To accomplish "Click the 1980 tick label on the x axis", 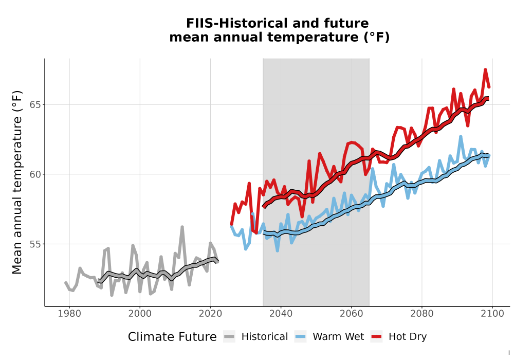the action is click(69, 313).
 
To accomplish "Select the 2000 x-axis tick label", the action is click(140, 313).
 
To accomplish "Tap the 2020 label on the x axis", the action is click(210, 313).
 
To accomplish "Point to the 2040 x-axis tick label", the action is click(281, 313).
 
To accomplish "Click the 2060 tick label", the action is click(352, 313).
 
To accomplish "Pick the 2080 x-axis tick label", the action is click(422, 313).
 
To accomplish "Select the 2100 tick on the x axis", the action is click(492, 313).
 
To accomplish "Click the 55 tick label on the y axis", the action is click(35, 244).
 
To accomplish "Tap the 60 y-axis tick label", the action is click(35, 174).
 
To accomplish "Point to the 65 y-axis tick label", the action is click(35, 104).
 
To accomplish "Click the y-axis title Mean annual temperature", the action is click(17, 182).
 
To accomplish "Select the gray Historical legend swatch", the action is click(229, 337).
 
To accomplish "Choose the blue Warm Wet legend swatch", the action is click(300, 337).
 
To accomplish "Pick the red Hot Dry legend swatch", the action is click(376, 337).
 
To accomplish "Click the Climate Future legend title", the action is click(172, 337).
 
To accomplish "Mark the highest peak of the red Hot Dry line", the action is click(485, 69).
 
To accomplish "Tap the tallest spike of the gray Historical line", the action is click(182, 227).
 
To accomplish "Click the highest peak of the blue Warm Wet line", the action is click(461, 136).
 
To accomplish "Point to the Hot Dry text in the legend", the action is click(408, 337).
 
